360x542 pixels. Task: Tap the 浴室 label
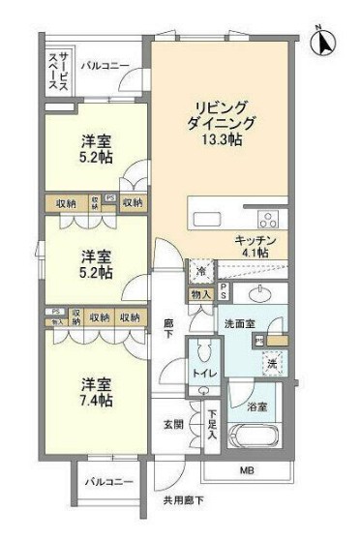tap(257, 406)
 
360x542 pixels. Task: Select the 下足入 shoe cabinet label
tap(212, 424)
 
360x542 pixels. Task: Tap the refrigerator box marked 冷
tap(200, 271)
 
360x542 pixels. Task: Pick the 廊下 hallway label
tap(167, 329)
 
